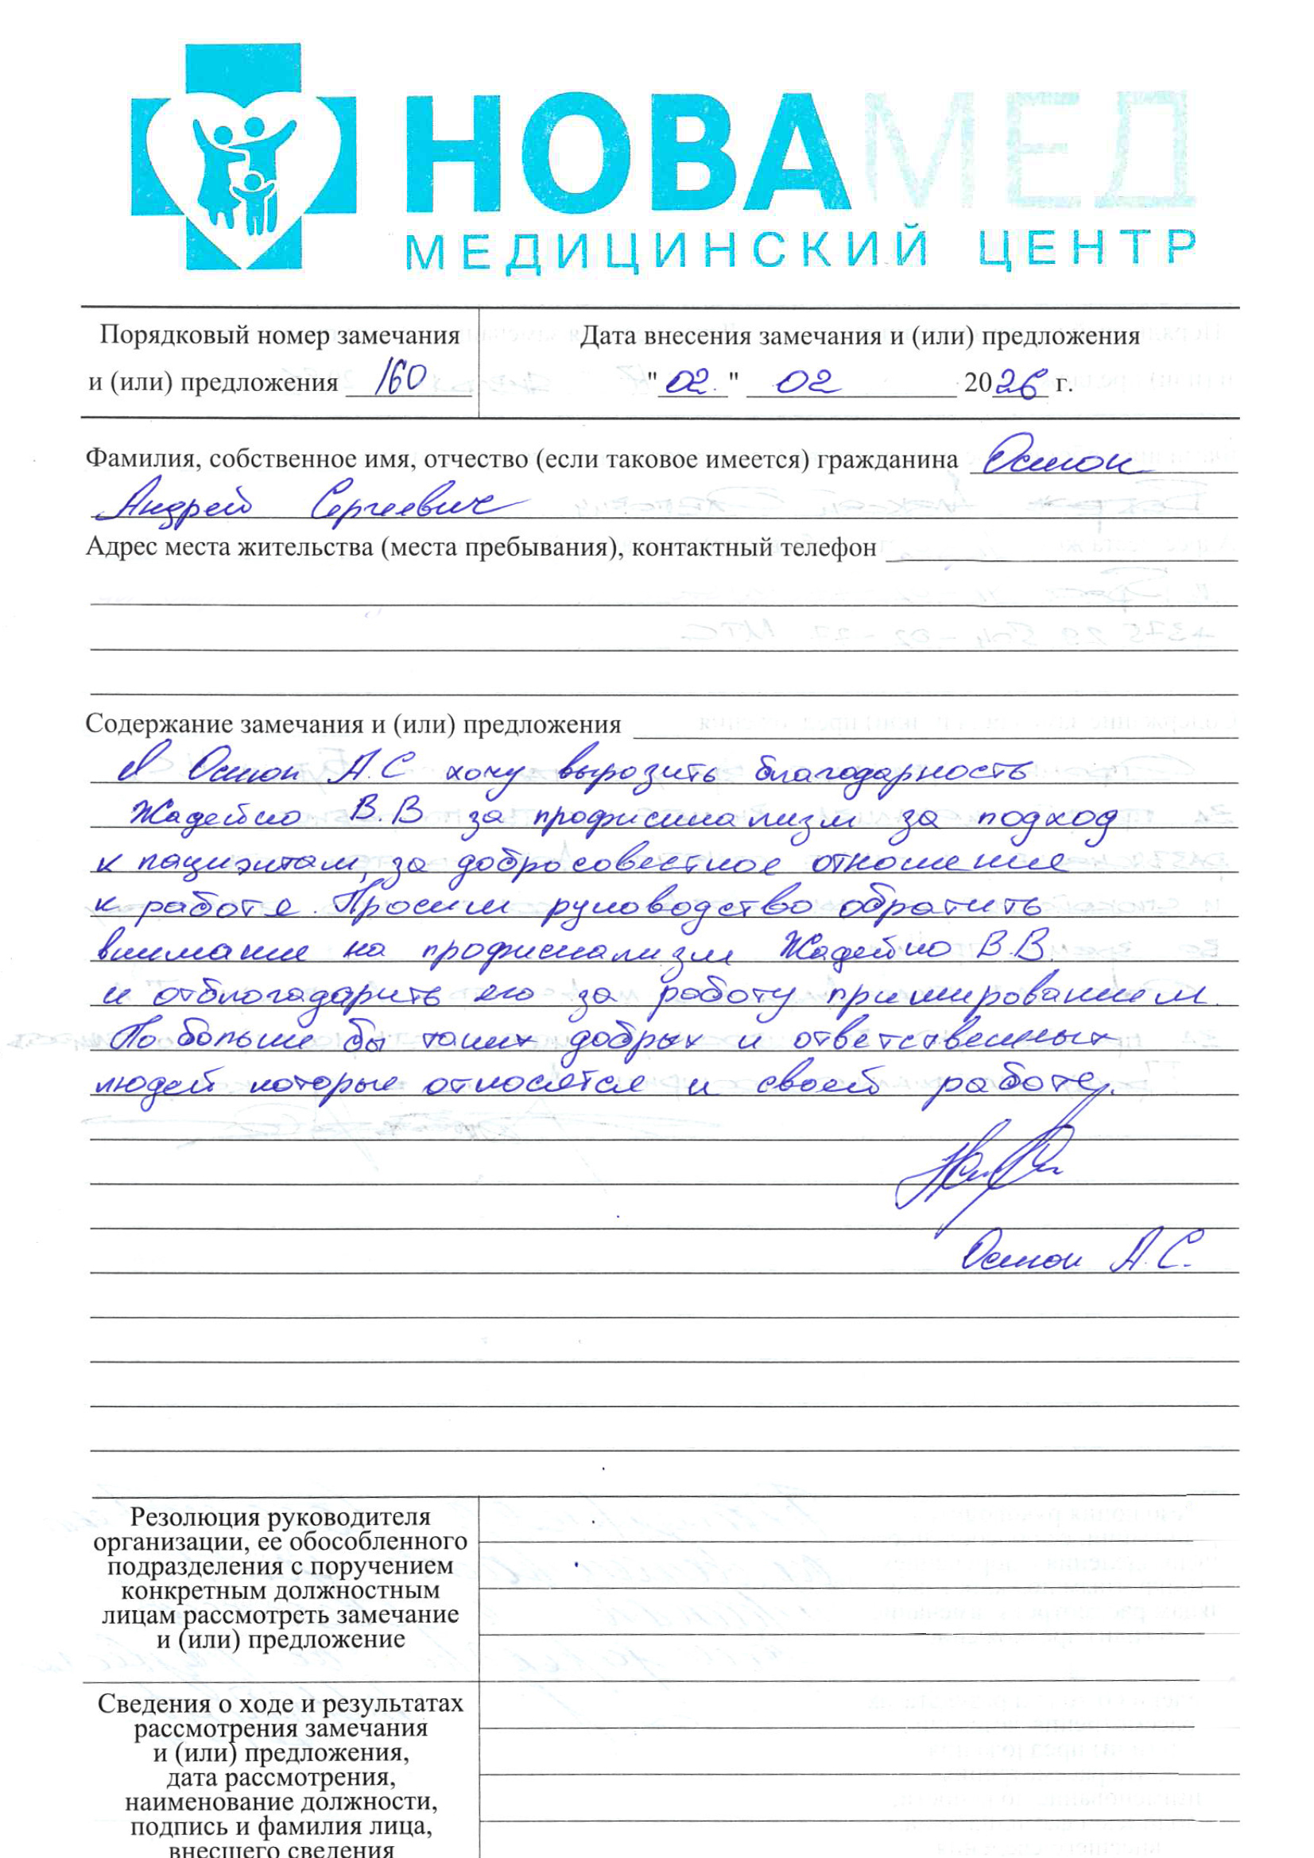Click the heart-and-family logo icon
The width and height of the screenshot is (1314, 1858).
244,157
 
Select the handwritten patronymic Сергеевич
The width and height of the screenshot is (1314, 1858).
413,505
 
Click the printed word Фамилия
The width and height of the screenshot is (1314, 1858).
142,459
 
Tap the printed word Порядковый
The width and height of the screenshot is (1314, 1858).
173,335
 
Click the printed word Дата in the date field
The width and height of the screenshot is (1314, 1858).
608,335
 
